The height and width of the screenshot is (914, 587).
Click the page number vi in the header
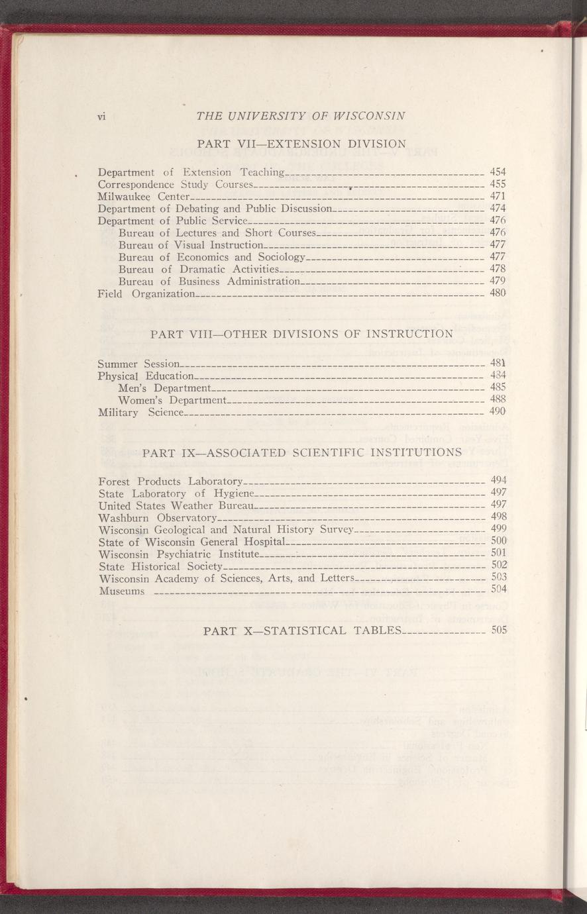tap(102, 117)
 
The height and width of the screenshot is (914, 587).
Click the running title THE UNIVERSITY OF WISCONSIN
tap(301, 116)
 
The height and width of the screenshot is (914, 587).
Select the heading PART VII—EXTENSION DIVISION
tap(301, 143)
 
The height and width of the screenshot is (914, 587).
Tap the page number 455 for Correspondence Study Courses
tap(498, 184)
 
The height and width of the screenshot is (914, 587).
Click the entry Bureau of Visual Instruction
tap(191, 245)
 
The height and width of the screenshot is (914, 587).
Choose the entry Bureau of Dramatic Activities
tap(199, 269)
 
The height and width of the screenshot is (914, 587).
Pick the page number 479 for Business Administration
tap(498, 281)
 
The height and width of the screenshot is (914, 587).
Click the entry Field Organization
tap(146, 293)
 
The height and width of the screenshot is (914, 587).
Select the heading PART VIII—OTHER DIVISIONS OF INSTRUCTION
tap(301, 333)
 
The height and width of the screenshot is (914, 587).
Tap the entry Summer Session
tap(138, 364)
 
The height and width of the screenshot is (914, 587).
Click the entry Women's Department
tap(173, 400)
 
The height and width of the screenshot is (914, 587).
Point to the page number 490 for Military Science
tap(498, 411)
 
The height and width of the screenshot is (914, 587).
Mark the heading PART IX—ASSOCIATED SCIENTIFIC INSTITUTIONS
tap(301, 453)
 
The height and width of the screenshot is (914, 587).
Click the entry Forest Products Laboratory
tap(170, 480)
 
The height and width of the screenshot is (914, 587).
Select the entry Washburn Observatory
tap(157, 517)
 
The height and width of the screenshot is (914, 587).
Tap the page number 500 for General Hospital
tap(498, 540)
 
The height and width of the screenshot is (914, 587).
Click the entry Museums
tap(121, 590)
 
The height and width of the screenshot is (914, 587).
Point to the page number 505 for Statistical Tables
tap(499, 630)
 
